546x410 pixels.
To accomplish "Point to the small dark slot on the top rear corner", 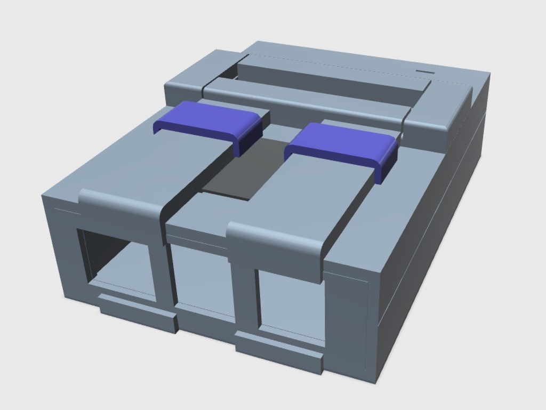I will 425,71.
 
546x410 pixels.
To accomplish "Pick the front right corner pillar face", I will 347,320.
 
